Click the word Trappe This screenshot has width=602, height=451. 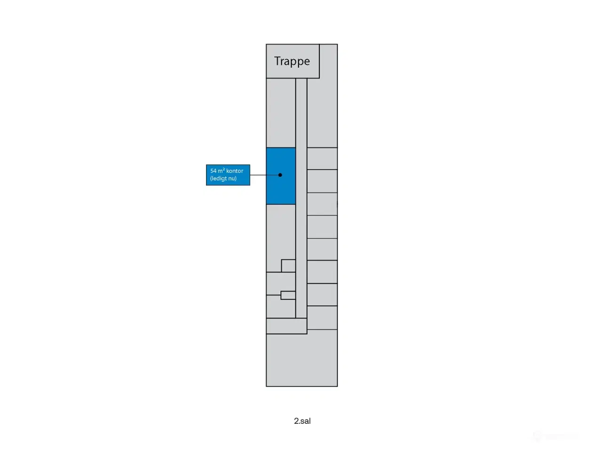pyautogui.click(x=292, y=62)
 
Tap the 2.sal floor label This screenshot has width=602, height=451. pyautogui.click(x=302, y=421)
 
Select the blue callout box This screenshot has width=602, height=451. pyautogui.click(x=228, y=175)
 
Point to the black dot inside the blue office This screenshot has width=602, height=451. pyautogui.click(x=280, y=175)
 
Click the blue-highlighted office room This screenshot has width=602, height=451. pyautogui.click(x=281, y=176)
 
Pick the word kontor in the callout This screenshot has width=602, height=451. pyautogui.click(x=235, y=171)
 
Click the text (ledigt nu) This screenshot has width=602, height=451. pyautogui.click(x=223, y=179)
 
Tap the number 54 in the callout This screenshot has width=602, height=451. pyautogui.click(x=214, y=171)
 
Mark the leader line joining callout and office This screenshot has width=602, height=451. pyautogui.click(x=265, y=175)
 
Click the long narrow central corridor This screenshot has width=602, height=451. pyautogui.click(x=301, y=198)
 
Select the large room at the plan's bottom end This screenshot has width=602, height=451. pyautogui.click(x=301, y=360)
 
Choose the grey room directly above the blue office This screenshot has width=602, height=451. pyautogui.click(x=281, y=113)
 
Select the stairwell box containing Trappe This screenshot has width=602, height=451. pyautogui.click(x=293, y=62)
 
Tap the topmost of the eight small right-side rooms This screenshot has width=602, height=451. pyautogui.click(x=322, y=158)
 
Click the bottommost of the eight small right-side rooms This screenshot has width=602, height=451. pyautogui.click(x=322, y=318)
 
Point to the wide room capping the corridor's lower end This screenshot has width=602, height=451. pyautogui.click(x=286, y=326)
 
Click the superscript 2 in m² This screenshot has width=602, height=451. pyautogui.click(x=224, y=169)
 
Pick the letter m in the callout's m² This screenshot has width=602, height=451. pyautogui.click(x=220, y=171)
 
